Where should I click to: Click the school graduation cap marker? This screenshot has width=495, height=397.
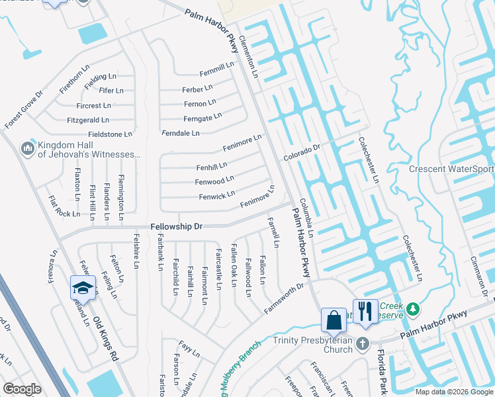click(x=83, y=288)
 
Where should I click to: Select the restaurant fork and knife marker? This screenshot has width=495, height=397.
click(x=365, y=311)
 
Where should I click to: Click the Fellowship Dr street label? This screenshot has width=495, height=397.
click(x=176, y=226)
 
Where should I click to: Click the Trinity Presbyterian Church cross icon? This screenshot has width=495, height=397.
click(x=362, y=343)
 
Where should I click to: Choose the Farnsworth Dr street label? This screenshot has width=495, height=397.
click(x=284, y=299)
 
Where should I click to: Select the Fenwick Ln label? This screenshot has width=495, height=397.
click(x=217, y=195)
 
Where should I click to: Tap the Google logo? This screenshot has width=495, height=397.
click(x=22, y=389)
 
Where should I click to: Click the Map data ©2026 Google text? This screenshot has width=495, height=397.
click(x=453, y=391)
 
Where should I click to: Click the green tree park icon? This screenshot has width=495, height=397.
click(x=413, y=308)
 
